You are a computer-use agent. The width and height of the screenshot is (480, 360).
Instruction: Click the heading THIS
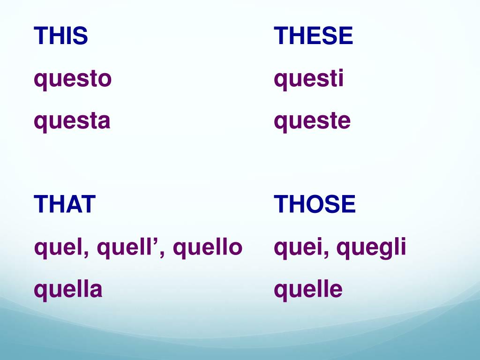click(x=61, y=36)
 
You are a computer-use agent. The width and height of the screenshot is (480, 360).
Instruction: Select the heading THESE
click(x=314, y=36)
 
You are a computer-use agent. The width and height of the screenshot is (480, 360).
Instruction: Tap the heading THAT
click(x=65, y=204)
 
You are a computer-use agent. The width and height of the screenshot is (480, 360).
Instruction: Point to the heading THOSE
click(x=315, y=204)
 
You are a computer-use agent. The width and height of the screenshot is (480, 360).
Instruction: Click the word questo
click(x=73, y=79)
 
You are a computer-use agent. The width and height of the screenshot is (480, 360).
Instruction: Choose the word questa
click(x=72, y=121)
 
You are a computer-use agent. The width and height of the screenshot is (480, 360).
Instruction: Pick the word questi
click(x=309, y=79)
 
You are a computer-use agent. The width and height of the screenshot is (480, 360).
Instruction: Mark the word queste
click(x=312, y=121)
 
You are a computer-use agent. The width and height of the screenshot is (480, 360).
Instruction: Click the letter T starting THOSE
click(x=281, y=204)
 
